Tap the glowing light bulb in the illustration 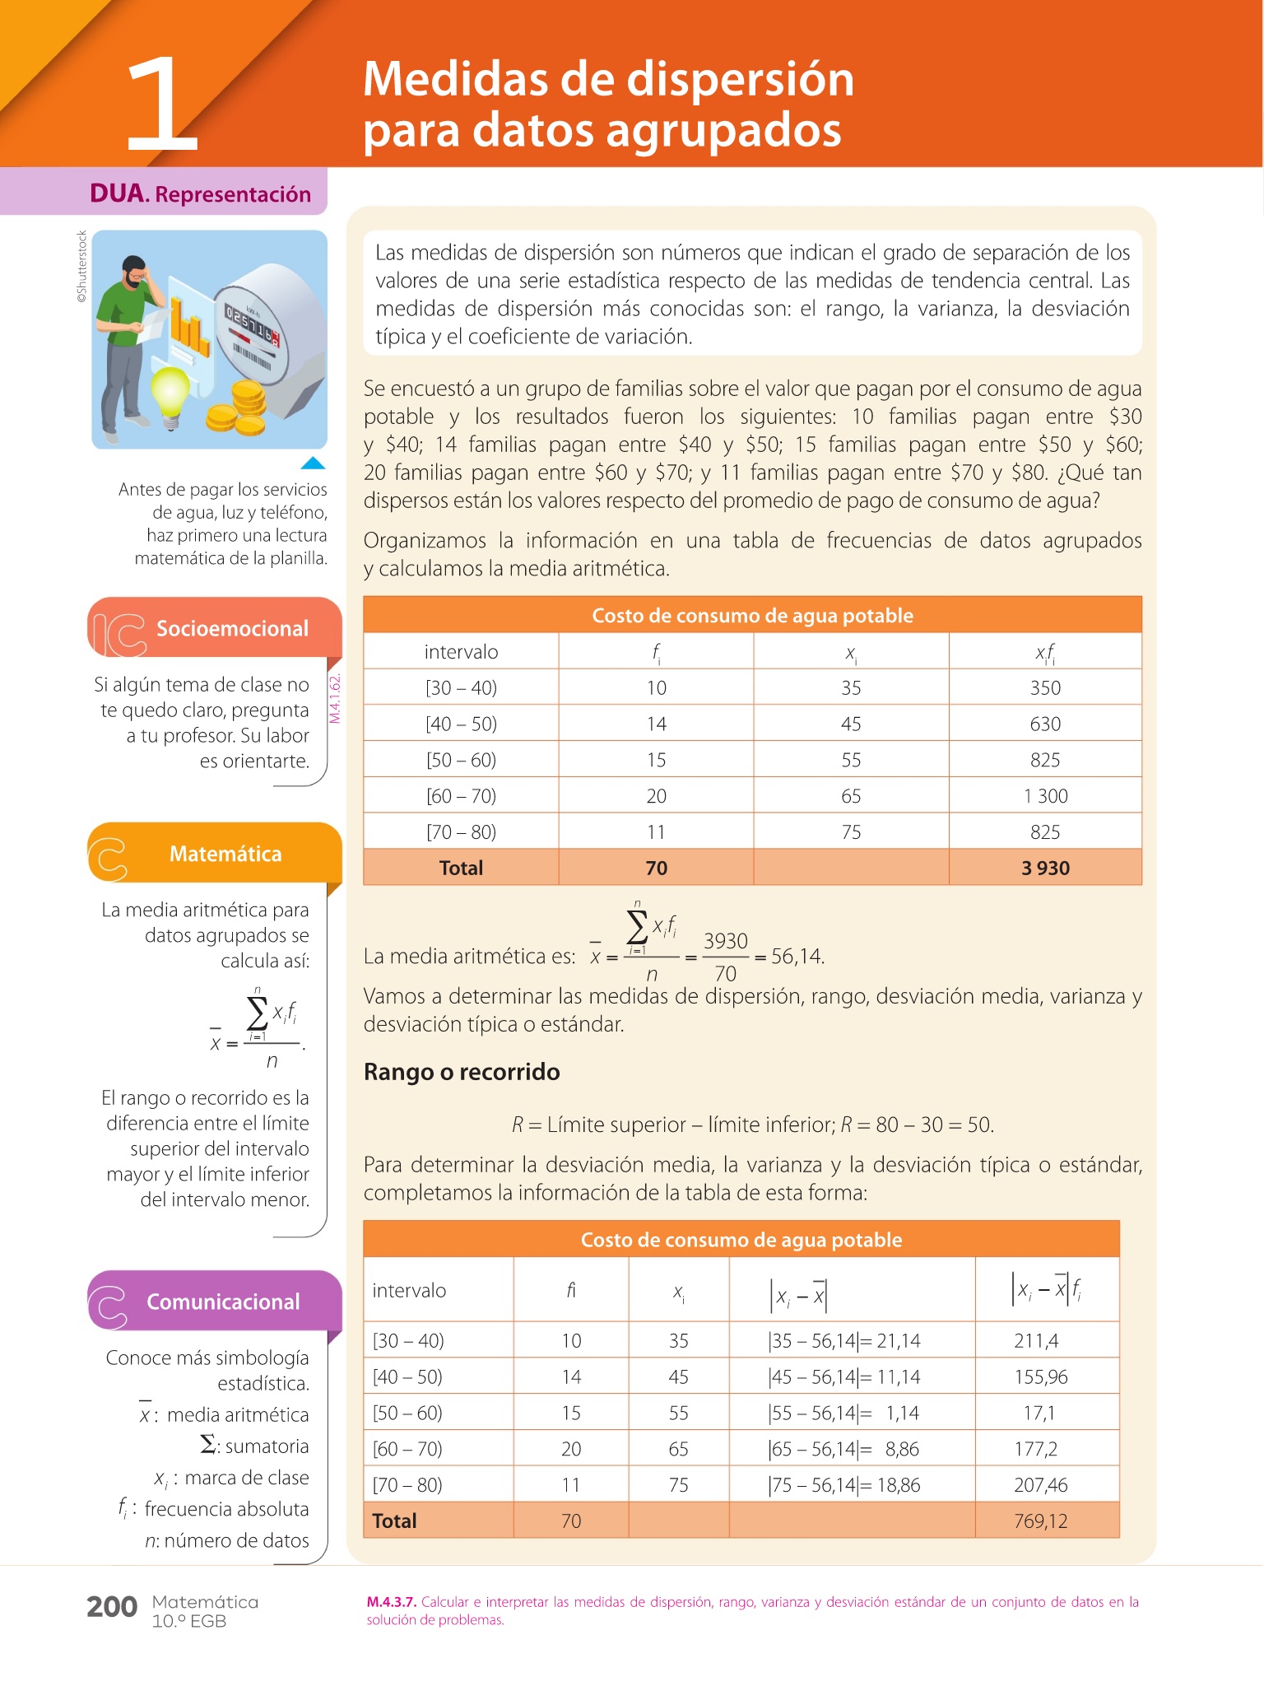click(x=171, y=393)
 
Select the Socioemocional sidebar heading click(x=232, y=629)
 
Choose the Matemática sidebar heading click(x=225, y=854)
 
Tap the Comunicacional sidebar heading click(x=223, y=1302)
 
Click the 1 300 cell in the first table click(x=1045, y=796)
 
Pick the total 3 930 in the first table click(x=1045, y=868)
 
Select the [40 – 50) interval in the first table click(x=461, y=724)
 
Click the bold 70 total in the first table click(x=656, y=868)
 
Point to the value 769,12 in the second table click(x=1040, y=1521)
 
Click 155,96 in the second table click(x=1040, y=1376)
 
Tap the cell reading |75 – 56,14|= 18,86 click(x=843, y=1484)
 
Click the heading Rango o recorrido click(x=462, y=1072)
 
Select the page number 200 click(x=112, y=1607)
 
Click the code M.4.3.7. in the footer click(x=392, y=1602)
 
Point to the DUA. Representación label click(x=200, y=194)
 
